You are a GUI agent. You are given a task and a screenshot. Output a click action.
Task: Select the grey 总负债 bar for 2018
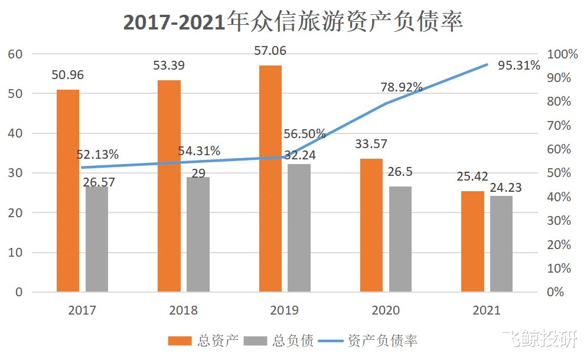(198, 234)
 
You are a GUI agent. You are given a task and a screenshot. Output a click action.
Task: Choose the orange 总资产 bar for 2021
(472, 241)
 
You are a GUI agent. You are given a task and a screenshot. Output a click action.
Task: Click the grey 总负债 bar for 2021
(501, 244)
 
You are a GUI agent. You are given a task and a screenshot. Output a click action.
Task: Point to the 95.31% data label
(518, 66)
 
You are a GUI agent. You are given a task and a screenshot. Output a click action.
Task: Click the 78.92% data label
(401, 88)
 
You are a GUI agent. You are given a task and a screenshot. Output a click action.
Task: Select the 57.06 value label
(270, 51)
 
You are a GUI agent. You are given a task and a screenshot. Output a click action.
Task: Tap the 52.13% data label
(97, 155)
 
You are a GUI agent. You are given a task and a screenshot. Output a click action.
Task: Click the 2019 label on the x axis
(284, 310)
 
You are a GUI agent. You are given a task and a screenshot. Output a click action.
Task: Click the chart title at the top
(293, 21)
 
